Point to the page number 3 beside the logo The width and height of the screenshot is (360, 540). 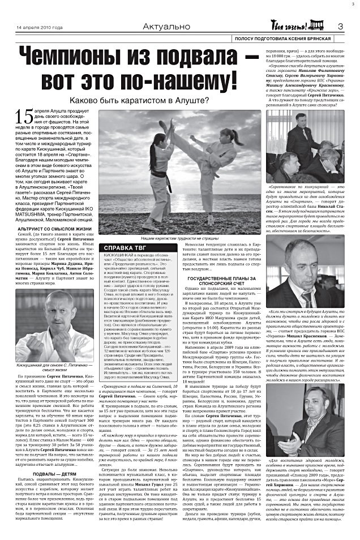pos(341,27)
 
